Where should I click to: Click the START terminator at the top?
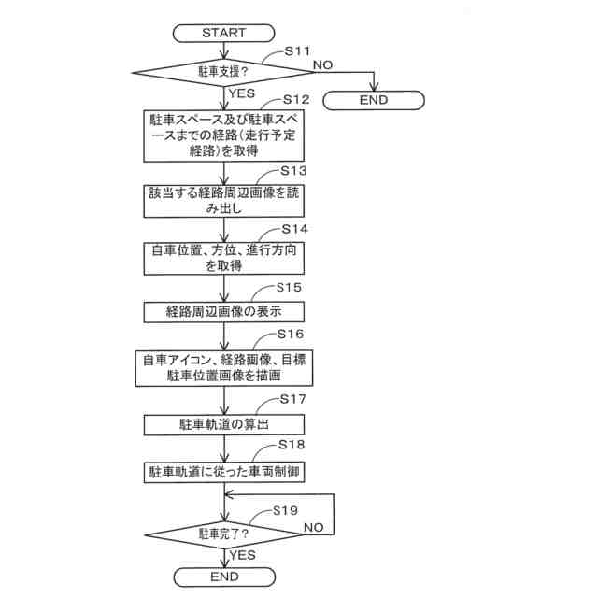point(224,34)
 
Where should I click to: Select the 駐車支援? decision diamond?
point(224,71)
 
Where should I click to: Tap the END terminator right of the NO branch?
point(373,100)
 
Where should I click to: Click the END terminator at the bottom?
point(224,577)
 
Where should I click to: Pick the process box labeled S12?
point(224,136)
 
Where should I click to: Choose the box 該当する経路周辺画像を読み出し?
point(224,201)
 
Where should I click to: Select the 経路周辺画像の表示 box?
point(224,311)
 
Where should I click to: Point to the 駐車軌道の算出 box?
point(224,424)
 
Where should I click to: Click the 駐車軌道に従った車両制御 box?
point(224,471)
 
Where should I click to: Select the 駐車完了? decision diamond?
point(224,534)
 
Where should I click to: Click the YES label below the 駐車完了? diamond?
point(243,555)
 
